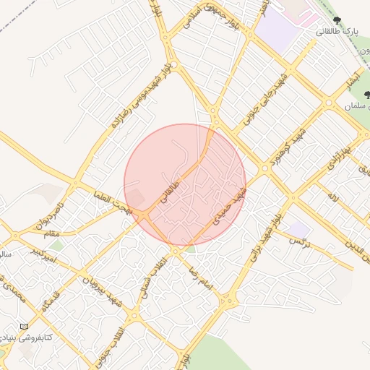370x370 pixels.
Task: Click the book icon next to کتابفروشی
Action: (25, 327)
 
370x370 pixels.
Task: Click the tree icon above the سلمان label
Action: (348, 94)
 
